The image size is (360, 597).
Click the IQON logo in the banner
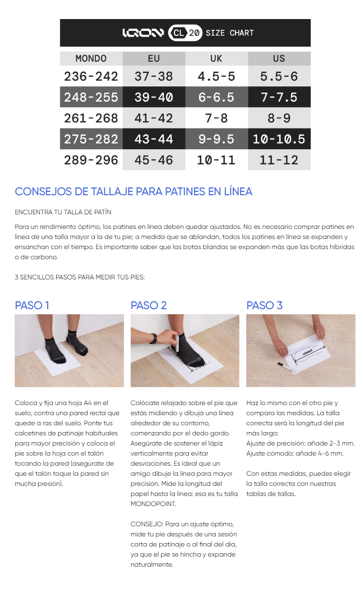click(142, 33)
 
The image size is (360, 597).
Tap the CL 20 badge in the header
click(186, 33)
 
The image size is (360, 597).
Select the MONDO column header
click(91, 58)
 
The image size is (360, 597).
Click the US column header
click(279, 58)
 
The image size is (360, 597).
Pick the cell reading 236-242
click(91, 76)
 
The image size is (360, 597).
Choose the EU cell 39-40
click(154, 97)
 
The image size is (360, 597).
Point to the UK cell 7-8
click(216, 118)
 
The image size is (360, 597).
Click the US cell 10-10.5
click(279, 139)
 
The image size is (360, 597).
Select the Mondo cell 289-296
click(91, 160)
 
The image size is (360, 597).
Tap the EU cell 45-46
click(154, 160)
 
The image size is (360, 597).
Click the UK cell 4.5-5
click(216, 76)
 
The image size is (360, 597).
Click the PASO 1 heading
click(32, 305)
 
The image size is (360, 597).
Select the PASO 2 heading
click(149, 305)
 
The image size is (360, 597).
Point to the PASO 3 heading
click(265, 305)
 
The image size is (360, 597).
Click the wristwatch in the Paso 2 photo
click(154, 338)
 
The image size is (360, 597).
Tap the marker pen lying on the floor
click(286, 367)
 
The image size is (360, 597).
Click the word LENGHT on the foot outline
click(308, 351)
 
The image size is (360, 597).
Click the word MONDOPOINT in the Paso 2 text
click(153, 504)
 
